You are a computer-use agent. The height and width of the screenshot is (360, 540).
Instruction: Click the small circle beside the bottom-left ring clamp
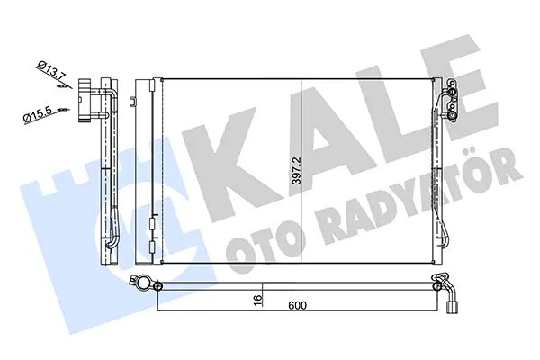coord(158,286)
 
